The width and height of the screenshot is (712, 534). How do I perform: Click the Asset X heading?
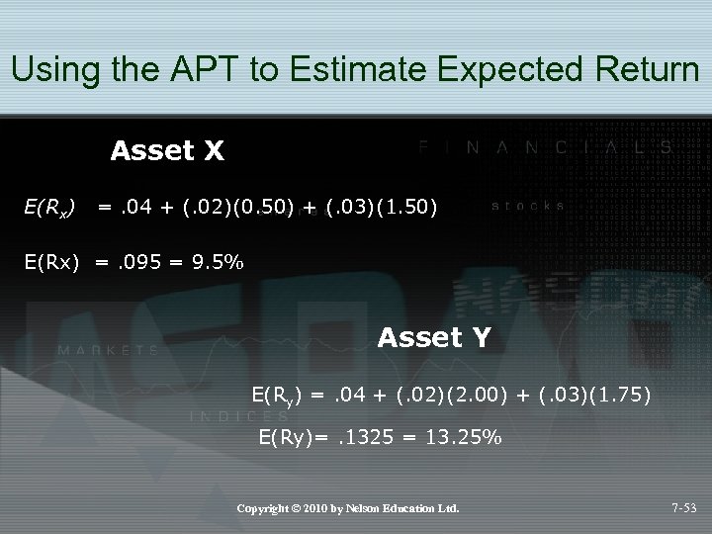tap(167, 151)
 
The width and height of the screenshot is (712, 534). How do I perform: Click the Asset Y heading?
tap(433, 338)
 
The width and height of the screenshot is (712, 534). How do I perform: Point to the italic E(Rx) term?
tap(48, 208)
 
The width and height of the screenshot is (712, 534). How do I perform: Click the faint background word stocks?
tap(528, 207)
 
